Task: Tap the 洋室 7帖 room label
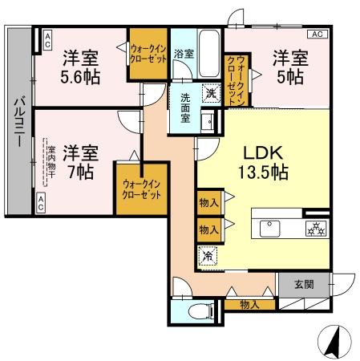coord(80,161)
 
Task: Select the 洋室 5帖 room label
coord(289,67)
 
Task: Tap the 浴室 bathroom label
coord(184,54)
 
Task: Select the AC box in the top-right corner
coord(317,34)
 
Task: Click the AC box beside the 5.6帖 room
coord(47,38)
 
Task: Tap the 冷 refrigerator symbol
coord(207,257)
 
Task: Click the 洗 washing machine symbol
coord(211,92)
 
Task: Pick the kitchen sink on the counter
coord(269,229)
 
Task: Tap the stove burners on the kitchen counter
coord(313,229)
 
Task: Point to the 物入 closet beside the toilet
coord(249,305)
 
